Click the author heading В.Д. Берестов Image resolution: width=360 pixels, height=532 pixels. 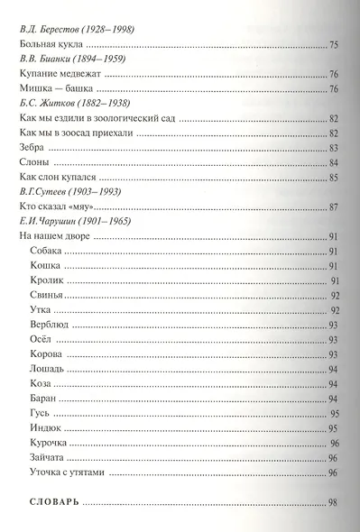76,30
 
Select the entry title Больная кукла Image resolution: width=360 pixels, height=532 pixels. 52,44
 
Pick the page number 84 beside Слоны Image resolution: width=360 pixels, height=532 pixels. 333,162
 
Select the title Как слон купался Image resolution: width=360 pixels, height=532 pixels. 58,177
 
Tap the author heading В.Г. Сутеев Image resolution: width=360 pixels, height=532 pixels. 74,191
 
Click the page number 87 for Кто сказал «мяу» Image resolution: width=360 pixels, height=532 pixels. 333,207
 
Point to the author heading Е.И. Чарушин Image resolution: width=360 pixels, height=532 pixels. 78,222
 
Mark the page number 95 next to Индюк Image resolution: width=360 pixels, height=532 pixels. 333,428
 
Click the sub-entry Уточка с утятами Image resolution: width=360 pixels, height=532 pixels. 69,472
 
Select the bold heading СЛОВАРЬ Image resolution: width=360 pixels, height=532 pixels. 49,501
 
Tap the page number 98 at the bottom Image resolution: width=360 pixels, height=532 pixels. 333,502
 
